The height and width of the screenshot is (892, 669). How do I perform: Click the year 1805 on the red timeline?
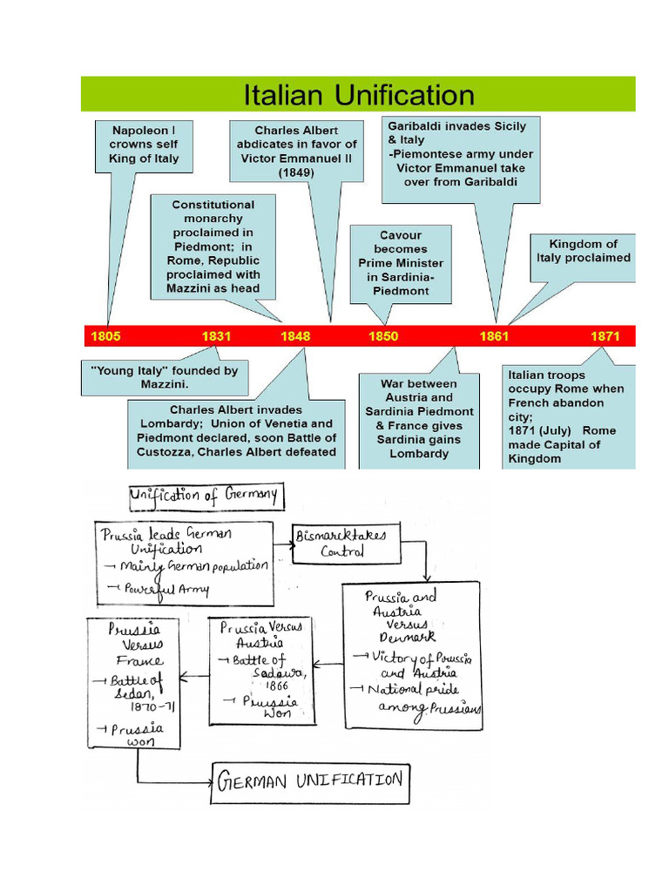(105, 336)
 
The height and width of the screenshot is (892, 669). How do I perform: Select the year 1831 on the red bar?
(216, 336)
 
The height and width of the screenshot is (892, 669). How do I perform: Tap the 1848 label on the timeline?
(295, 336)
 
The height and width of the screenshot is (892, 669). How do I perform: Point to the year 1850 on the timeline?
(383, 336)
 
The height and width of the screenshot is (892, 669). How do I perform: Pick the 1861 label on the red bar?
(494, 336)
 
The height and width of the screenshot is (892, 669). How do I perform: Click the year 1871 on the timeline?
(605, 336)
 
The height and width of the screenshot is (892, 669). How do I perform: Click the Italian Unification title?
(359, 94)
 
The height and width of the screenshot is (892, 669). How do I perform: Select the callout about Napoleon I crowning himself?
(144, 146)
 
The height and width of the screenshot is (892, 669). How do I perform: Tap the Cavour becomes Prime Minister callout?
(401, 264)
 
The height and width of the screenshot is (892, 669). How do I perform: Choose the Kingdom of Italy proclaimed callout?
(583, 258)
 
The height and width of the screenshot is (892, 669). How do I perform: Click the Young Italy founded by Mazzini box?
(165, 378)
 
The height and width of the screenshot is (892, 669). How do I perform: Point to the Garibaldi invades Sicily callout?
(461, 159)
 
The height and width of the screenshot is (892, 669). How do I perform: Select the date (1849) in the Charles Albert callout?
(296, 172)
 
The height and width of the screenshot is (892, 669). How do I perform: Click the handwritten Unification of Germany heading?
(206, 497)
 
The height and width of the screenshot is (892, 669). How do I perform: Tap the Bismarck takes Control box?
(347, 544)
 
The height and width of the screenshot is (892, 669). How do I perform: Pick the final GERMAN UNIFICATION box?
(310, 783)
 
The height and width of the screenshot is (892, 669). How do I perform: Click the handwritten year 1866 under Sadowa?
(277, 686)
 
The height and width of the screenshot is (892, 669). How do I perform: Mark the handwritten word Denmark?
(408, 637)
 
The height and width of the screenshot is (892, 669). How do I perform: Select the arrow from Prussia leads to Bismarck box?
(284, 544)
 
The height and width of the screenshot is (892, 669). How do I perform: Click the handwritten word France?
(140, 660)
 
